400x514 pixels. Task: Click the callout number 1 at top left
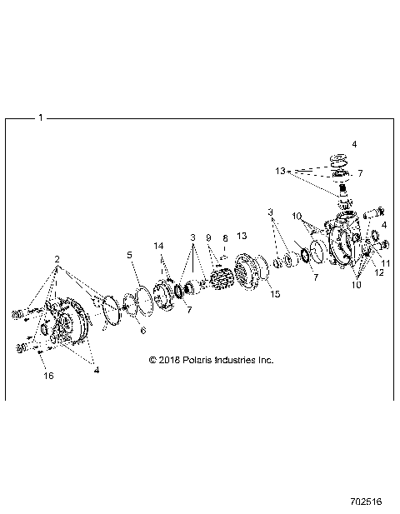(40, 117)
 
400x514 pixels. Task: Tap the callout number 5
(129, 254)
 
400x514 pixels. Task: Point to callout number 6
(142, 331)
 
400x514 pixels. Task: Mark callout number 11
(385, 263)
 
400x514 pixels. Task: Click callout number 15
(274, 294)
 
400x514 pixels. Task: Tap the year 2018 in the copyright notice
(169, 360)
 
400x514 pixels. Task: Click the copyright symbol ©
(152, 360)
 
